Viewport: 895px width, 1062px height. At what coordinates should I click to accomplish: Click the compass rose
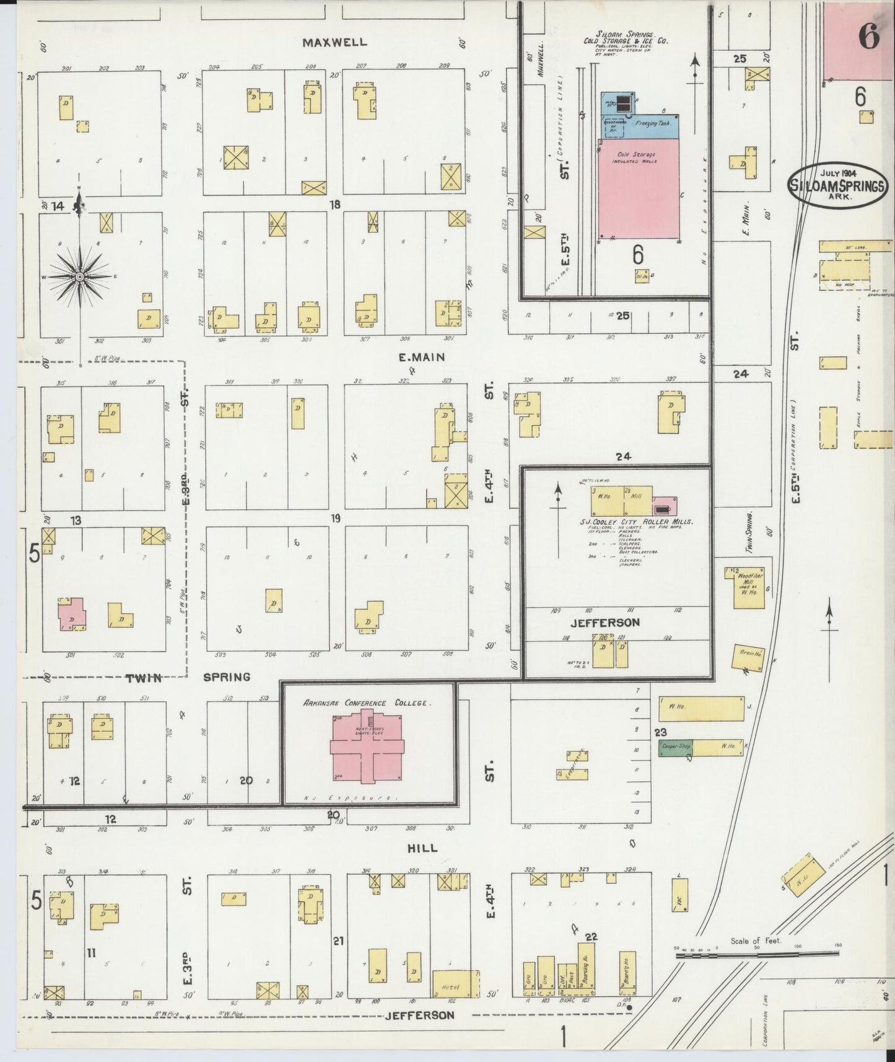coord(79,276)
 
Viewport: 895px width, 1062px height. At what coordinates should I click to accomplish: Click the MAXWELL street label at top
coord(334,43)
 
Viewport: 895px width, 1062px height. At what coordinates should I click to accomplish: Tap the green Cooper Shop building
coord(675,747)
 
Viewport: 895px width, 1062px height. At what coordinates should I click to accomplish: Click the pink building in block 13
coord(72,613)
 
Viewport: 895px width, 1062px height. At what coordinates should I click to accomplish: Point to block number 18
coord(334,204)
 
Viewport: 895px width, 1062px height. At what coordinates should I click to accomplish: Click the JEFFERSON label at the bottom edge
coord(420,1016)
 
